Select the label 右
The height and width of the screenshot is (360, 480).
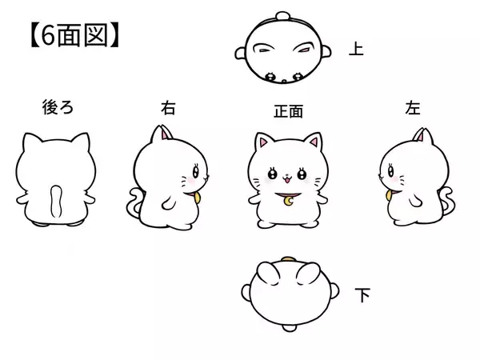click(x=167, y=107)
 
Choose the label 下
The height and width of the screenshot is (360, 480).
click(x=362, y=296)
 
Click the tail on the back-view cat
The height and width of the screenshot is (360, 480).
click(x=55, y=201)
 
